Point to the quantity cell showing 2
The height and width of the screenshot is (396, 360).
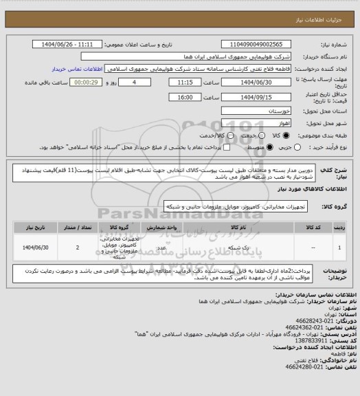pyautogui.click(x=78, y=245)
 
